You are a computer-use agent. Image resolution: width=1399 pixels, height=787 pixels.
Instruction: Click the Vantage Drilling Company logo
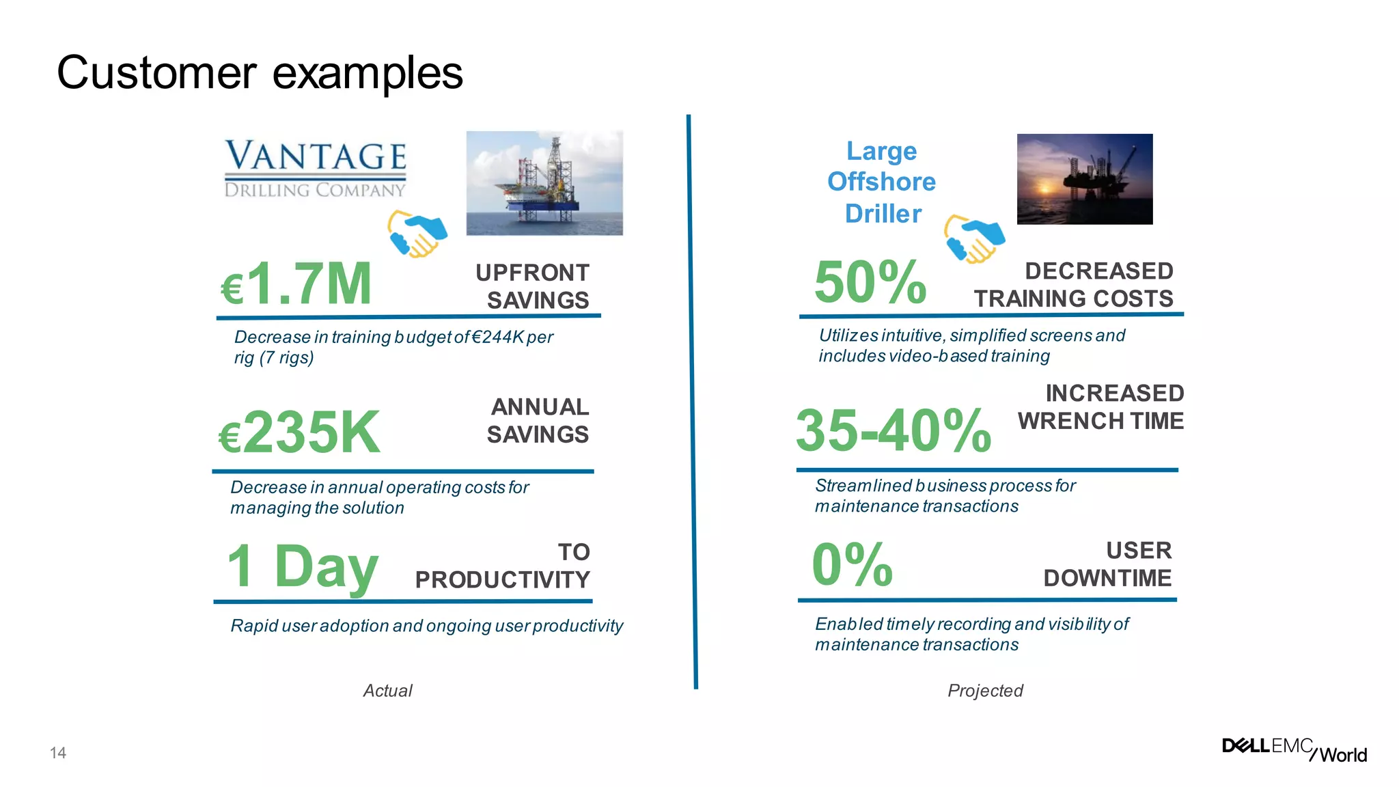click(x=316, y=169)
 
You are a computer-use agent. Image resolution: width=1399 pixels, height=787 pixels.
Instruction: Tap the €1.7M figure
click(x=296, y=284)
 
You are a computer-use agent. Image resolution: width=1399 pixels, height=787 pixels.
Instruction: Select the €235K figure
click(x=299, y=432)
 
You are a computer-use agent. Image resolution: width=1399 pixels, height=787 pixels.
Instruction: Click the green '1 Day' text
click(x=302, y=566)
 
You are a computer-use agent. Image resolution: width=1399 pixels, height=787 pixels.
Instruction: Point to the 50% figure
click(x=870, y=282)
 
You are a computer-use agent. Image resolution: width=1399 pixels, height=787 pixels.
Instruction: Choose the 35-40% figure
click(x=894, y=431)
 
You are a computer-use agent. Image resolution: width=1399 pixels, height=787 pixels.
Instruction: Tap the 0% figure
click(x=852, y=565)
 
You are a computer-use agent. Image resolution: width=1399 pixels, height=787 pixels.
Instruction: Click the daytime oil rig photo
click(x=544, y=183)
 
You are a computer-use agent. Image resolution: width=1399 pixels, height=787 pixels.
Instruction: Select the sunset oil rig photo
click(x=1084, y=179)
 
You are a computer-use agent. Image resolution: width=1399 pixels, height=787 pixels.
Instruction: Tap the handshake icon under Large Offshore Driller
click(x=974, y=238)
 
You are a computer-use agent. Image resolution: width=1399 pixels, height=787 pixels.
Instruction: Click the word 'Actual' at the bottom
click(x=387, y=691)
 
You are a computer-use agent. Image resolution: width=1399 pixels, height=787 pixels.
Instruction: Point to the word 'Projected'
click(x=984, y=691)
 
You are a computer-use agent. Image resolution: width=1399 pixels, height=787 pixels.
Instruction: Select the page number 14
click(x=58, y=753)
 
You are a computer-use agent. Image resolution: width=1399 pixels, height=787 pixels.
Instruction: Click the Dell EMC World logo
click(x=1294, y=749)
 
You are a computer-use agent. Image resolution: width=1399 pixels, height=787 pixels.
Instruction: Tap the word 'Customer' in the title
click(x=156, y=72)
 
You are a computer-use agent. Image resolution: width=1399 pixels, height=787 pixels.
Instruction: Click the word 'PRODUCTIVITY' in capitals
click(x=502, y=580)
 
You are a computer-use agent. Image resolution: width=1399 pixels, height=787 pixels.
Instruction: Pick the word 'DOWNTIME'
click(x=1107, y=579)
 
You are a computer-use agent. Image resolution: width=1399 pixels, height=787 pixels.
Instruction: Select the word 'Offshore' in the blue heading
click(x=881, y=182)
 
